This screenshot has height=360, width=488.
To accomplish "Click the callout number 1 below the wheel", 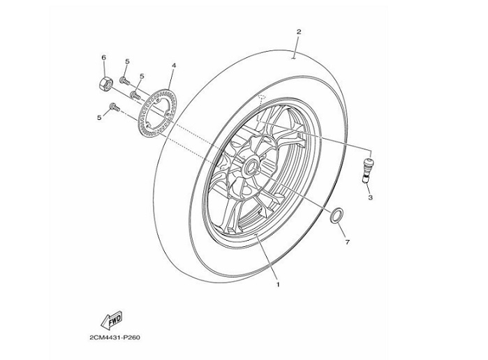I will (277, 285).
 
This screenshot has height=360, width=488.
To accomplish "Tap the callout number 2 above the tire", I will (298, 32).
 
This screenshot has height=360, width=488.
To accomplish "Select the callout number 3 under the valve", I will (371, 197).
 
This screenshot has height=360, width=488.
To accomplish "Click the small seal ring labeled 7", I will (337, 216).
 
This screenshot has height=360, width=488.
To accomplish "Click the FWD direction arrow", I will (112, 320).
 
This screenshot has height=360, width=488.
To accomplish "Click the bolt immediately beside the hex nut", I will (124, 82).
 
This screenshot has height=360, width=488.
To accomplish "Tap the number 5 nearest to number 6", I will (127, 62).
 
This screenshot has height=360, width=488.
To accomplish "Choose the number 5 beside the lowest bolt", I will (99, 117).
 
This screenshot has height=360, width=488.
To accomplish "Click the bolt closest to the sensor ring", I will (136, 93).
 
